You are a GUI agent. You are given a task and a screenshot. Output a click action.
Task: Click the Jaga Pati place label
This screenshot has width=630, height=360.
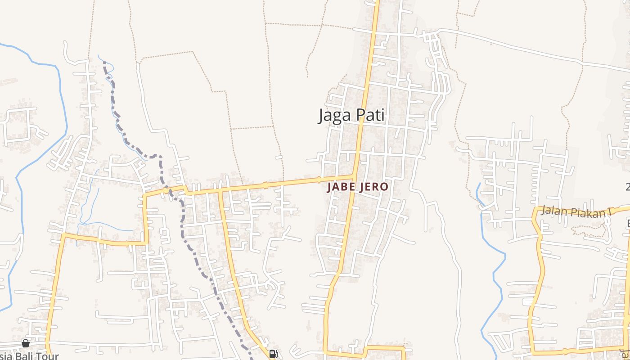(x=351, y=115)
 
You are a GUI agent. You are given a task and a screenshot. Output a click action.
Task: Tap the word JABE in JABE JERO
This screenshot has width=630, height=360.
(x=341, y=187)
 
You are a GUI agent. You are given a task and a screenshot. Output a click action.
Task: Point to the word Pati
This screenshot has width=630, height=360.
(x=370, y=115)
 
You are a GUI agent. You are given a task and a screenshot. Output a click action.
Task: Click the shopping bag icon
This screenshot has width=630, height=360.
(x=26, y=343)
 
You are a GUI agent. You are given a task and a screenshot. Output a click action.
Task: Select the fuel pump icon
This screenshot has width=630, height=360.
(x=273, y=354)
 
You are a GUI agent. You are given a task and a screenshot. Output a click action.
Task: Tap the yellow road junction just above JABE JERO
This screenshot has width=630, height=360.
(x=354, y=176)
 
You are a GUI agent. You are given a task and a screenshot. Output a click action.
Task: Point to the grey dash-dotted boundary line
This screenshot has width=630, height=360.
(x=182, y=216)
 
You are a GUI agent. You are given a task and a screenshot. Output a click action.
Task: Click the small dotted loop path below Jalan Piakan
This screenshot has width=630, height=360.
(x=589, y=229)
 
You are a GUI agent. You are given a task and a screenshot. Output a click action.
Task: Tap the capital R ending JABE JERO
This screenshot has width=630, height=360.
(x=377, y=187)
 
